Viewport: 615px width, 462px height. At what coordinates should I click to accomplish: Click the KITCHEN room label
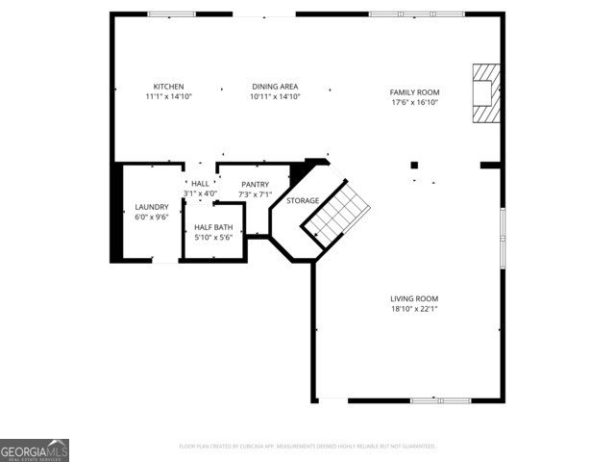[169, 87]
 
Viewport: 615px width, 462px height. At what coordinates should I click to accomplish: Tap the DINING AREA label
[276, 87]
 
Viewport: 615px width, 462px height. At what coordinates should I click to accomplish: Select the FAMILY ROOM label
[414, 91]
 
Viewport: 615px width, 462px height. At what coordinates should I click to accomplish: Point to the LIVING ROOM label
[414, 298]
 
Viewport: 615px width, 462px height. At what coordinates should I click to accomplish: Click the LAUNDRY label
[152, 207]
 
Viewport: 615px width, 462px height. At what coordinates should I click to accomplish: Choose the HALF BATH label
[213, 227]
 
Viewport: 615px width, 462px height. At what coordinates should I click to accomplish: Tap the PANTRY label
[255, 184]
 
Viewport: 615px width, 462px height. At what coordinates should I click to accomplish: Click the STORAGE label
[303, 200]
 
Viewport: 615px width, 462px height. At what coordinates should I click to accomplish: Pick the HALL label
[200, 183]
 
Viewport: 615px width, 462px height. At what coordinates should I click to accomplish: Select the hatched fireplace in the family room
[486, 92]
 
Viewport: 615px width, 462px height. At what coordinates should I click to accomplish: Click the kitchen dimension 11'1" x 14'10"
[169, 97]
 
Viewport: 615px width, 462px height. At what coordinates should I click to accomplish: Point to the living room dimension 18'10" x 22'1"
[414, 309]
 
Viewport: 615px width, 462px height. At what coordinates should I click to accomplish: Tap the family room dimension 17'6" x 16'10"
[414, 102]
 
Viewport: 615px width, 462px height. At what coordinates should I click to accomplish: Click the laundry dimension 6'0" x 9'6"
[152, 218]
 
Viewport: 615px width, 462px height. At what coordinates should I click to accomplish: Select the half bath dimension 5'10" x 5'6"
[213, 237]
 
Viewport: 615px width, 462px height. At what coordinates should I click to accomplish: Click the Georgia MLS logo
[35, 450]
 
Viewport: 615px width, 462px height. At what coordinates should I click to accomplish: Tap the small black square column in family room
[414, 165]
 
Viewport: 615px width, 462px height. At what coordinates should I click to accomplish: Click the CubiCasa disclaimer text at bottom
[307, 447]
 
